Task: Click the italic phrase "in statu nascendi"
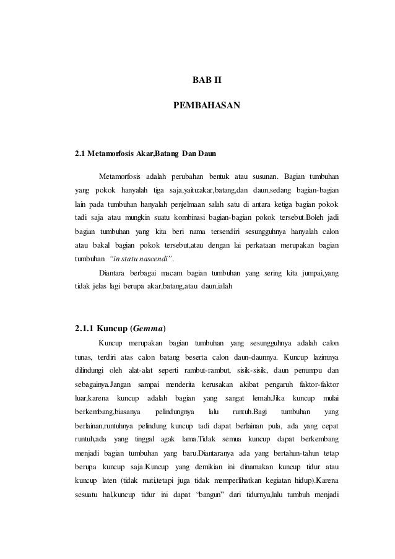[140, 274]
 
